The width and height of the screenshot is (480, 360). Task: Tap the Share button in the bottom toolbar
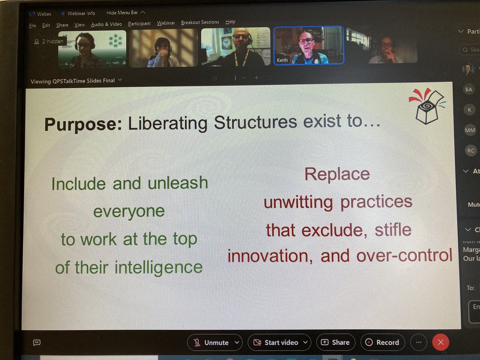pos(336,342)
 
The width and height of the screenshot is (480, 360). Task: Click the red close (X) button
pos(441,342)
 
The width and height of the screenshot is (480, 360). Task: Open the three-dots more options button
pos(418,342)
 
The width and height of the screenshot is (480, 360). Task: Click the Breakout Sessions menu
pos(200,22)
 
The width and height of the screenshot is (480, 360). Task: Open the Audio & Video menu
pos(106,24)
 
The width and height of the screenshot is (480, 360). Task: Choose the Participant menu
pos(139,24)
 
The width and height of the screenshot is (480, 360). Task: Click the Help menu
pos(230,22)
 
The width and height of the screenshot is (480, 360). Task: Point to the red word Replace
pos(337,174)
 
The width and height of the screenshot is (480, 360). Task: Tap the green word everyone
pos(129,211)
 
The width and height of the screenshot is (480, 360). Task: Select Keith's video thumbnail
pos(308,45)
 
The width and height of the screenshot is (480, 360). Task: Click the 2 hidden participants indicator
pos(49,41)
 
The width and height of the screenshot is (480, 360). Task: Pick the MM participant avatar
pos(470,130)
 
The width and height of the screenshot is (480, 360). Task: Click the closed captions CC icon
pos(37,342)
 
